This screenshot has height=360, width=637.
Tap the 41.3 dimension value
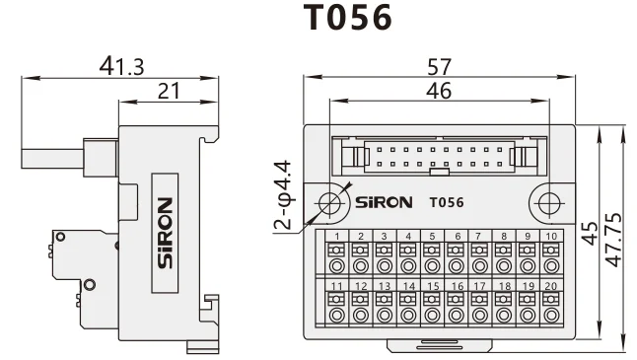(121, 66)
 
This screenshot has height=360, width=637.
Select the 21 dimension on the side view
(169, 91)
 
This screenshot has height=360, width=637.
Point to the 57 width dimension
(440, 67)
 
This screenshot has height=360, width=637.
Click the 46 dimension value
(440, 91)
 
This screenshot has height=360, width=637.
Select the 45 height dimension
(590, 233)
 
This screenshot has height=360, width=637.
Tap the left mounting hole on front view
(330, 202)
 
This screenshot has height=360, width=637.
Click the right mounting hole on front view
(548, 202)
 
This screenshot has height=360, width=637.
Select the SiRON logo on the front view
(385, 203)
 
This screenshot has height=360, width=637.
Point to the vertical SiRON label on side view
(165, 231)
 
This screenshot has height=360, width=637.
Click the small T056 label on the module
(447, 203)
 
